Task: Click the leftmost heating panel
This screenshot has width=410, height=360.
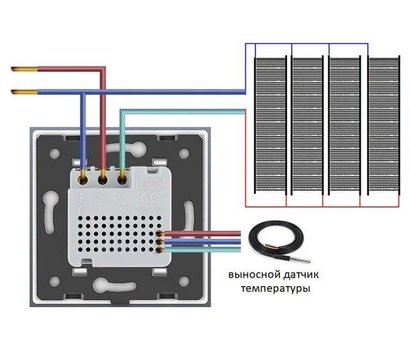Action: coord(269,120)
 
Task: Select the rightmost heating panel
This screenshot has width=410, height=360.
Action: coord(381,120)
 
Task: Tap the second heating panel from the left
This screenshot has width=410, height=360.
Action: coord(306,120)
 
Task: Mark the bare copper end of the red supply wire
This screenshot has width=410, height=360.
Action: coord(20,70)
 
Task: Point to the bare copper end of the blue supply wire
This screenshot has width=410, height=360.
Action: coord(20,92)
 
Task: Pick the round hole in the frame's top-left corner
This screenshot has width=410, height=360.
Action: coord(48,143)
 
